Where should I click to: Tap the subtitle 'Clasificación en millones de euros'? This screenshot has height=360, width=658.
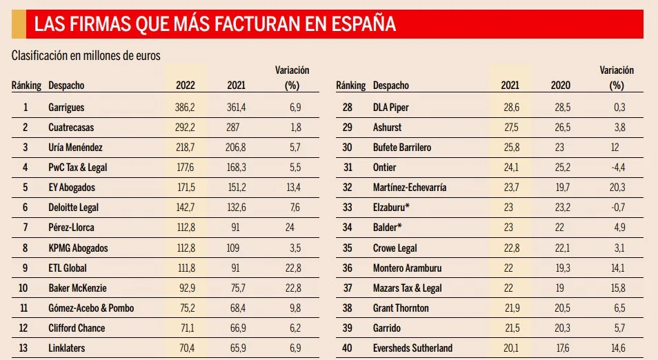pyautogui.click(x=86, y=56)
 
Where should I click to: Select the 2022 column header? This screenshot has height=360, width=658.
pyautogui.click(x=186, y=86)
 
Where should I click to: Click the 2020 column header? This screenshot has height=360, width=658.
pyautogui.click(x=561, y=86)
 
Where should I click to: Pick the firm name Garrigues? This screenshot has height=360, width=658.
pyautogui.click(x=66, y=108)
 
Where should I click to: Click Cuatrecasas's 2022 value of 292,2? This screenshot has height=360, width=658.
pyautogui.click(x=186, y=128)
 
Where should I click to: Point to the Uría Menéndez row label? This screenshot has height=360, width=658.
pyautogui.click(x=75, y=148)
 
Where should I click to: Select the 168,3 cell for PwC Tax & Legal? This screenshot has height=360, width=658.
pyautogui.click(x=237, y=168)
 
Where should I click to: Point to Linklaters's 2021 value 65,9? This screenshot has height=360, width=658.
pyautogui.click(x=237, y=348)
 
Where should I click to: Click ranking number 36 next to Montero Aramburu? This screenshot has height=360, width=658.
pyautogui.click(x=348, y=268)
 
